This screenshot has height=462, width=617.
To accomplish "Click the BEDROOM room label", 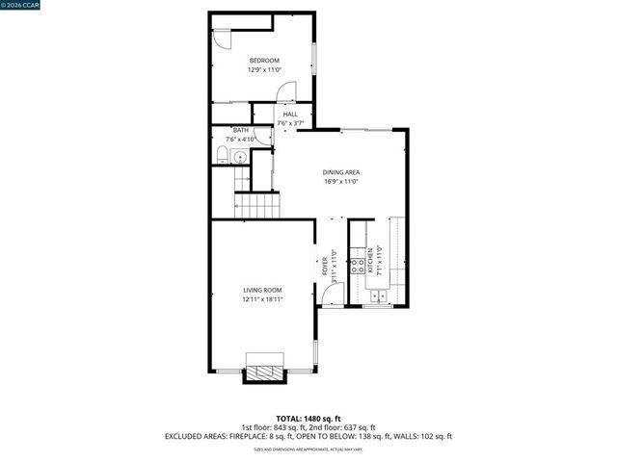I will click(x=264, y=61).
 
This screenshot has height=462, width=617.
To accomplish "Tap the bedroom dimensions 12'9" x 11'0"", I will click(x=264, y=69).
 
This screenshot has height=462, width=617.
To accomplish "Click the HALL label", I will click(x=290, y=115).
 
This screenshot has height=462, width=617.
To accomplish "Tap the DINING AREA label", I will click(x=340, y=172).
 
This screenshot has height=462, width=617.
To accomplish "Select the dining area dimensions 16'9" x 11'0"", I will click(x=340, y=181).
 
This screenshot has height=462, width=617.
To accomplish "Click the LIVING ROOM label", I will click(x=262, y=290).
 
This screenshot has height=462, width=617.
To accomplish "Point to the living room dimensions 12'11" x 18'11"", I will click(x=262, y=299).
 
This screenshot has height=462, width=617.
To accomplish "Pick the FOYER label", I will click(x=325, y=266).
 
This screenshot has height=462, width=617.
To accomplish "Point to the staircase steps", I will click(x=259, y=204).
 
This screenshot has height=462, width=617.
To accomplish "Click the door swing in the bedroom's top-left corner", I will click(x=221, y=39).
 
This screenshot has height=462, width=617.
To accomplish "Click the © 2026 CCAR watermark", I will click(x=20, y=5).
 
